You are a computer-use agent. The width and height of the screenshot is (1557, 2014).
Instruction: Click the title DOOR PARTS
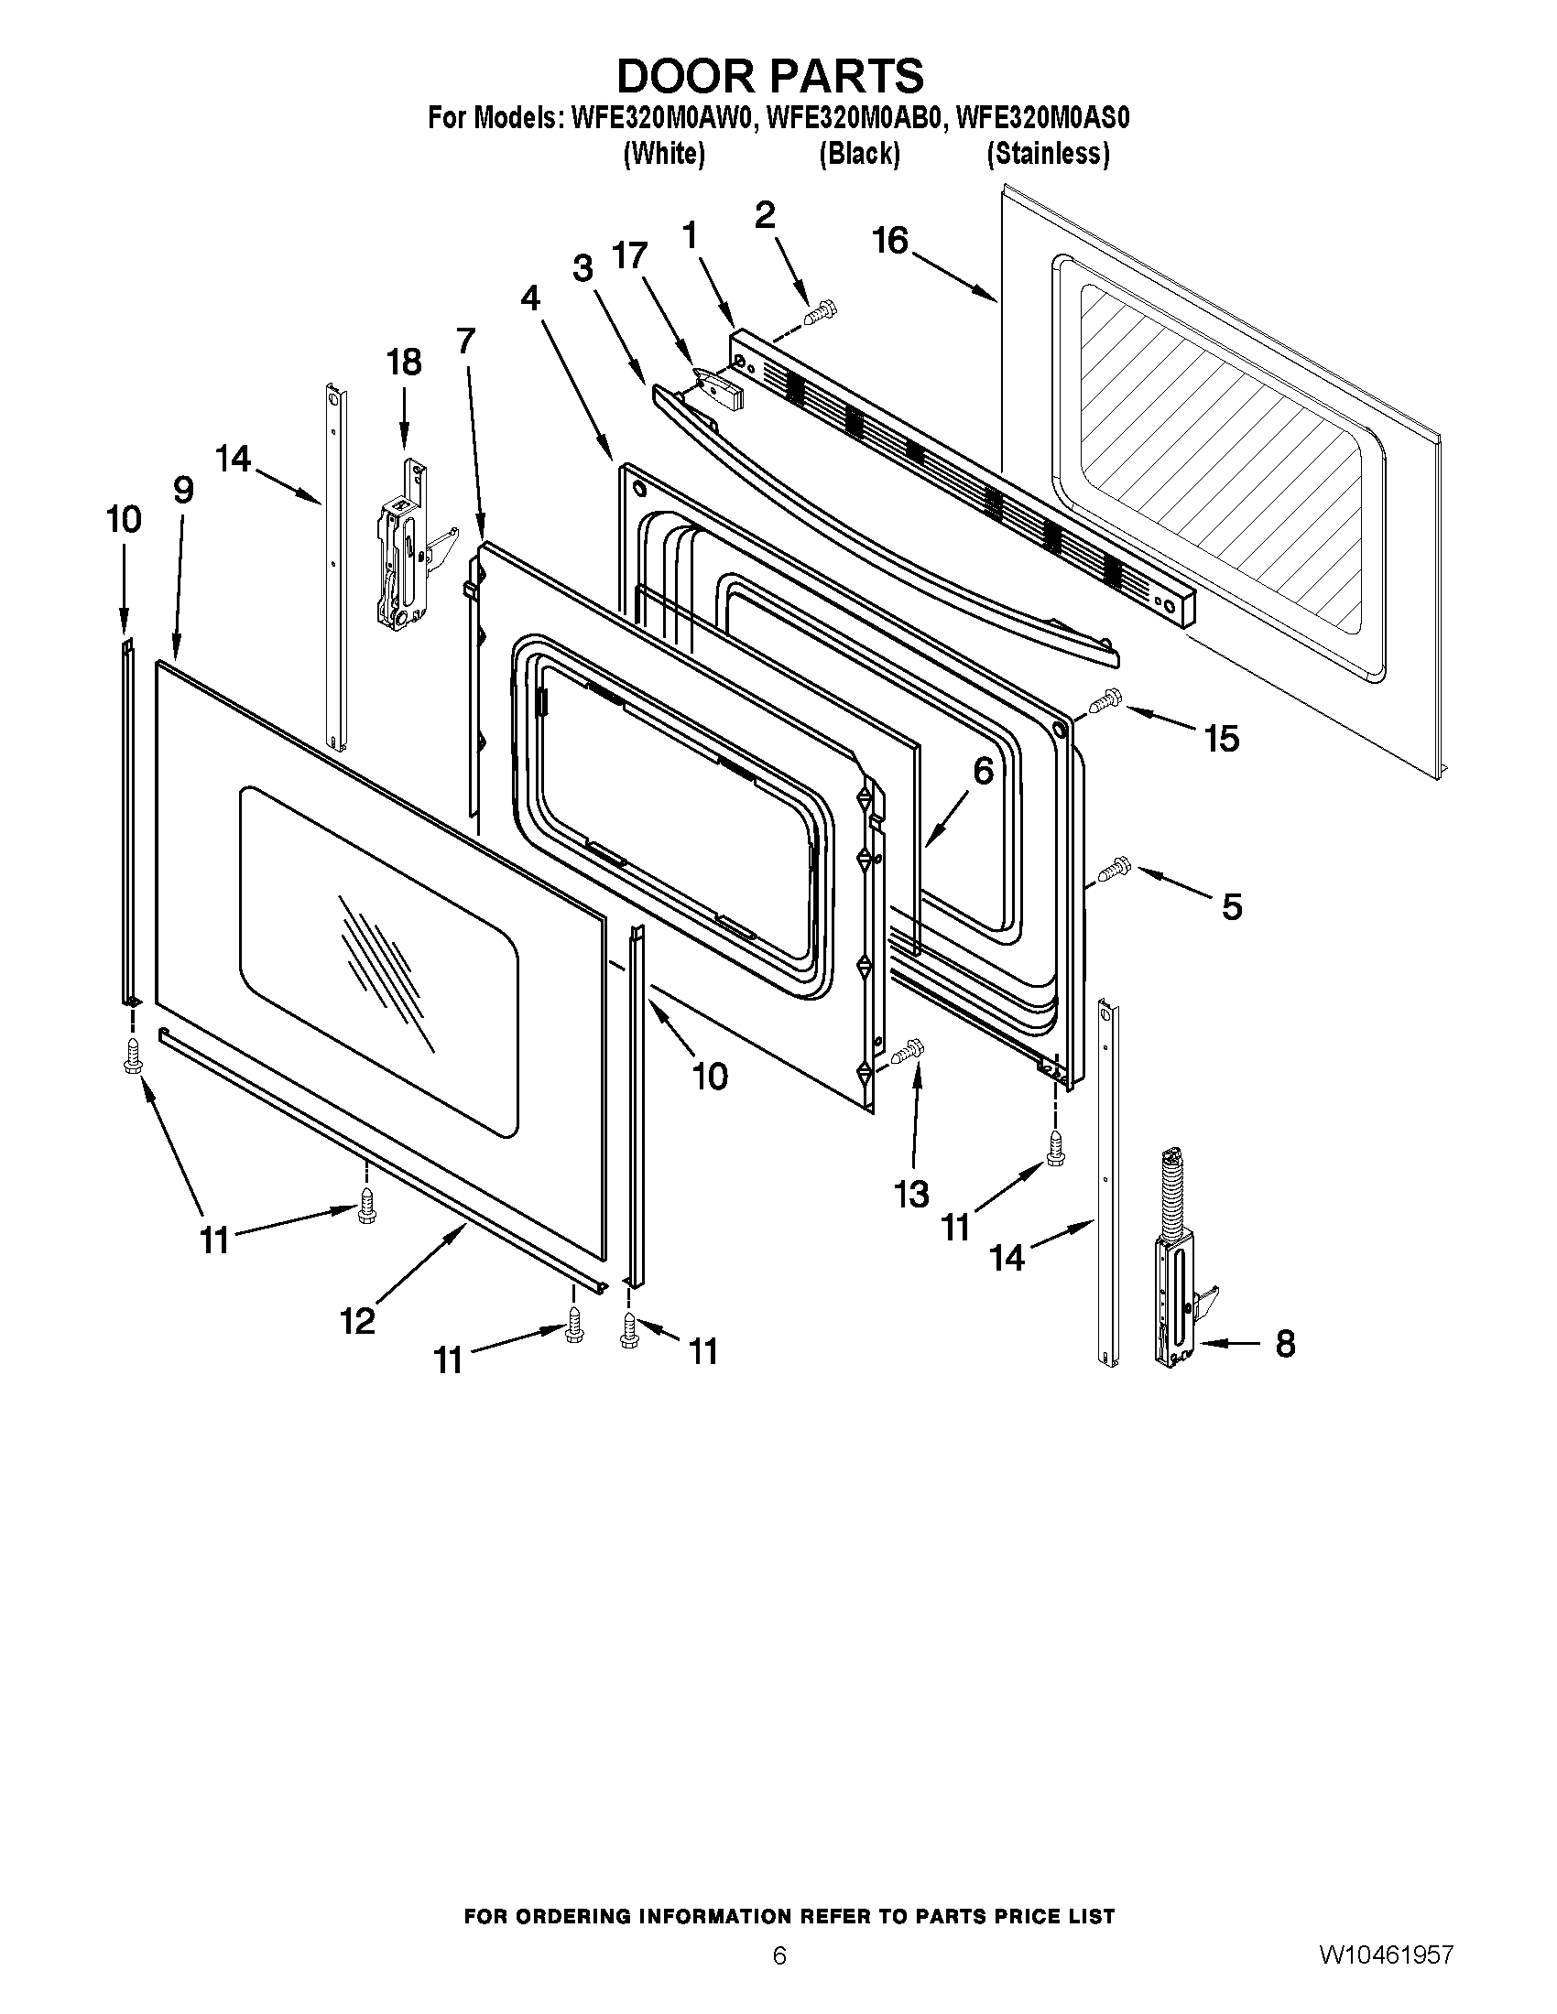(x=769, y=76)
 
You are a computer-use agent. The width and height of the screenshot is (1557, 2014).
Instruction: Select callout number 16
(x=890, y=242)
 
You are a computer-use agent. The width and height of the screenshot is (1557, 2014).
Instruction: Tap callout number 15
(x=1222, y=739)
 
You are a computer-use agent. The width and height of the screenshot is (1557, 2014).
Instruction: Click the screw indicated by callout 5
(x=1115, y=868)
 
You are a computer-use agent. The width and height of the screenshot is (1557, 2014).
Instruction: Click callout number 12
(x=358, y=1321)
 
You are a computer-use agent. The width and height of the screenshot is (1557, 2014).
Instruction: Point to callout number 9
(x=183, y=490)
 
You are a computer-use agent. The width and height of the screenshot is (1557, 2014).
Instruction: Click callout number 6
(x=984, y=771)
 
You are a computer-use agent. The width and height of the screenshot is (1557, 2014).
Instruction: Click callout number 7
(x=466, y=341)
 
